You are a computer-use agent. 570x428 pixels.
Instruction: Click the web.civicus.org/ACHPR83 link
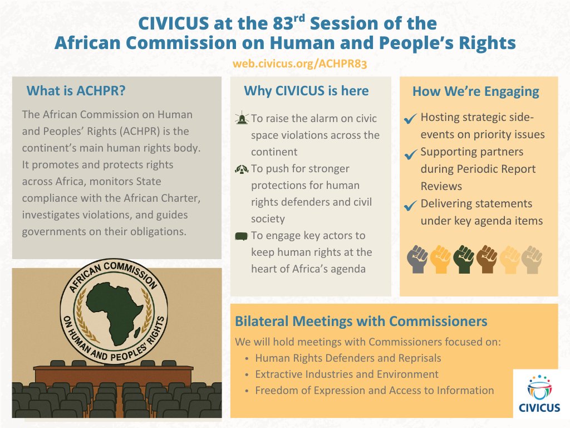[x=300, y=64]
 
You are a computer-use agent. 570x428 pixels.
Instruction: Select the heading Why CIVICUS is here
[x=306, y=91]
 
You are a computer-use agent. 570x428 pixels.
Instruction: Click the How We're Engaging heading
[x=475, y=91]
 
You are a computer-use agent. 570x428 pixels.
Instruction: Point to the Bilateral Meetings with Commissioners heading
[x=361, y=322]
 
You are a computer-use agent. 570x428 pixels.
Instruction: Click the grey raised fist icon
[x=417, y=259]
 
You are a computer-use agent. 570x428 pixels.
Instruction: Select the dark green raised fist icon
[x=463, y=259]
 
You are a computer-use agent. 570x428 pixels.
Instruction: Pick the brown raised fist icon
[x=487, y=259]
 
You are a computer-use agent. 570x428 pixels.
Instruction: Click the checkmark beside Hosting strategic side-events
[x=410, y=119]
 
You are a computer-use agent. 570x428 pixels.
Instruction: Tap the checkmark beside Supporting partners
[x=410, y=153]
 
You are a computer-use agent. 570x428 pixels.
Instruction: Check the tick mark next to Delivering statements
[x=410, y=206]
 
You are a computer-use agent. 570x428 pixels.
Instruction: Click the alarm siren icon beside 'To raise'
[x=242, y=119]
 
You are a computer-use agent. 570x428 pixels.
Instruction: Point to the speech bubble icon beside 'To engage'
[x=240, y=237]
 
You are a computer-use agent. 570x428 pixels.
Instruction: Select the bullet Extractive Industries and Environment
[x=346, y=374]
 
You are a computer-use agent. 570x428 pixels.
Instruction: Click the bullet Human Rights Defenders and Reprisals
[x=348, y=358]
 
